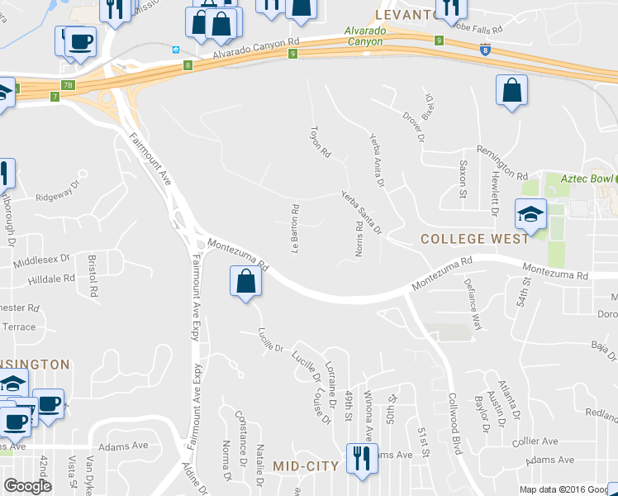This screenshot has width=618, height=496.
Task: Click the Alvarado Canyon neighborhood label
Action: [364, 36]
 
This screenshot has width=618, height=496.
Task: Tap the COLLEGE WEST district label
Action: [474, 239]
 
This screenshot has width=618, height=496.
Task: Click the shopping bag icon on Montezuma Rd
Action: [245, 282]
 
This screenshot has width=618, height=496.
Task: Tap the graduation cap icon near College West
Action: [530, 215]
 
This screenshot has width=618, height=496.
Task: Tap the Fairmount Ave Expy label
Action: [196, 406]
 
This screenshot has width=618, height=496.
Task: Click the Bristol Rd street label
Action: [93, 276]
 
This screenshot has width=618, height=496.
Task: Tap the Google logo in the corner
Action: [27, 486]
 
